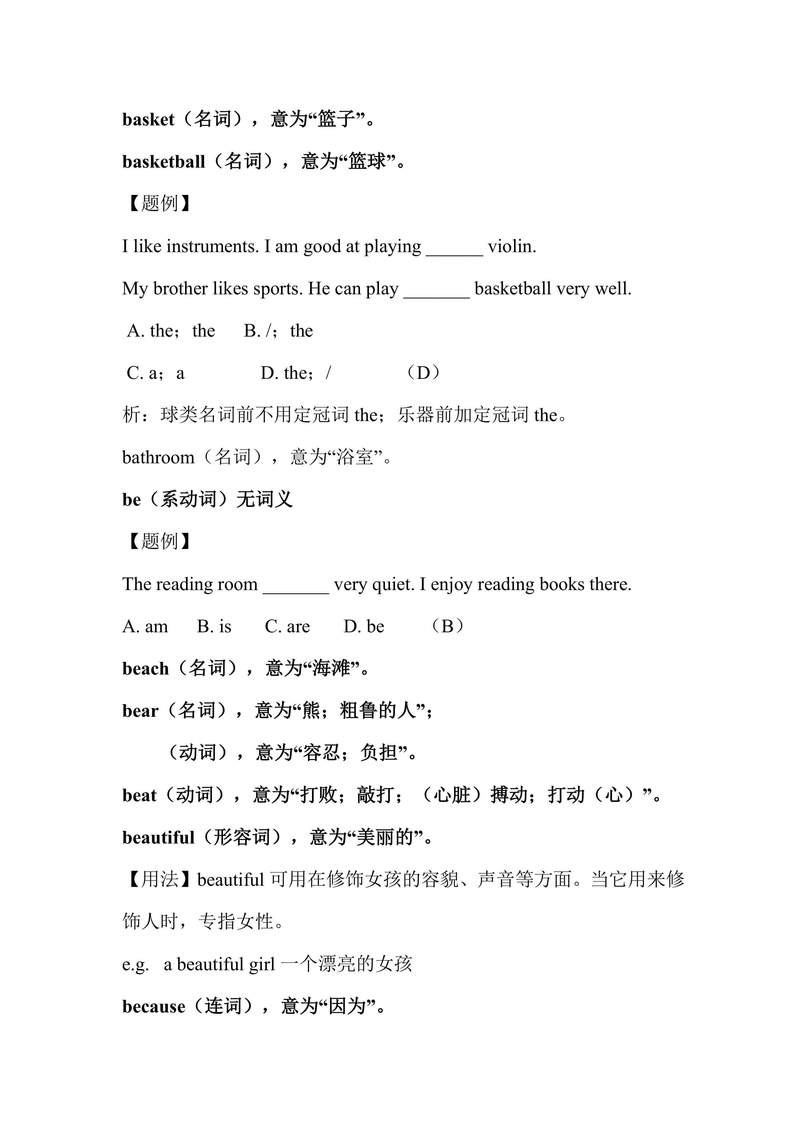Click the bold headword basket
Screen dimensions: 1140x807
coord(148,120)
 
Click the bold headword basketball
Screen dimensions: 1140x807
coord(163,162)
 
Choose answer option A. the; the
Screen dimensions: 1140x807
coord(171,331)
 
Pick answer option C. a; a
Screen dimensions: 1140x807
coord(156,373)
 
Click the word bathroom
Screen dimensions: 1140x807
coord(158,458)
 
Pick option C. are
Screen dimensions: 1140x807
coord(287,627)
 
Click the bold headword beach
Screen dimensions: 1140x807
coord(145,669)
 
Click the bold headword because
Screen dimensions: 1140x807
coord(153,1007)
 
